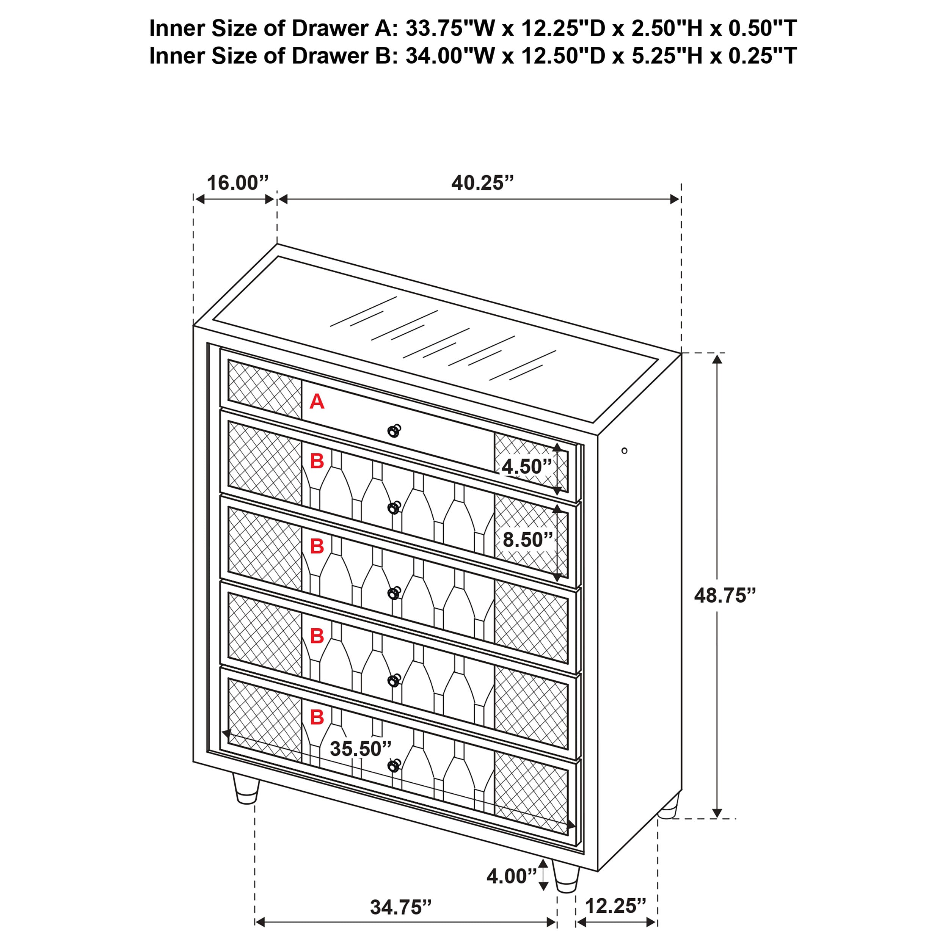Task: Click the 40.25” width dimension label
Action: pyautogui.click(x=482, y=183)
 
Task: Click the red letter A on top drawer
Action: pyautogui.click(x=317, y=402)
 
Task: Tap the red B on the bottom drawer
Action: pyautogui.click(x=317, y=717)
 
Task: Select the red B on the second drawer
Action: pyautogui.click(x=317, y=461)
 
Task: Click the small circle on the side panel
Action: pyautogui.click(x=624, y=450)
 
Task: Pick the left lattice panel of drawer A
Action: pyautogui.click(x=264, y=389)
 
